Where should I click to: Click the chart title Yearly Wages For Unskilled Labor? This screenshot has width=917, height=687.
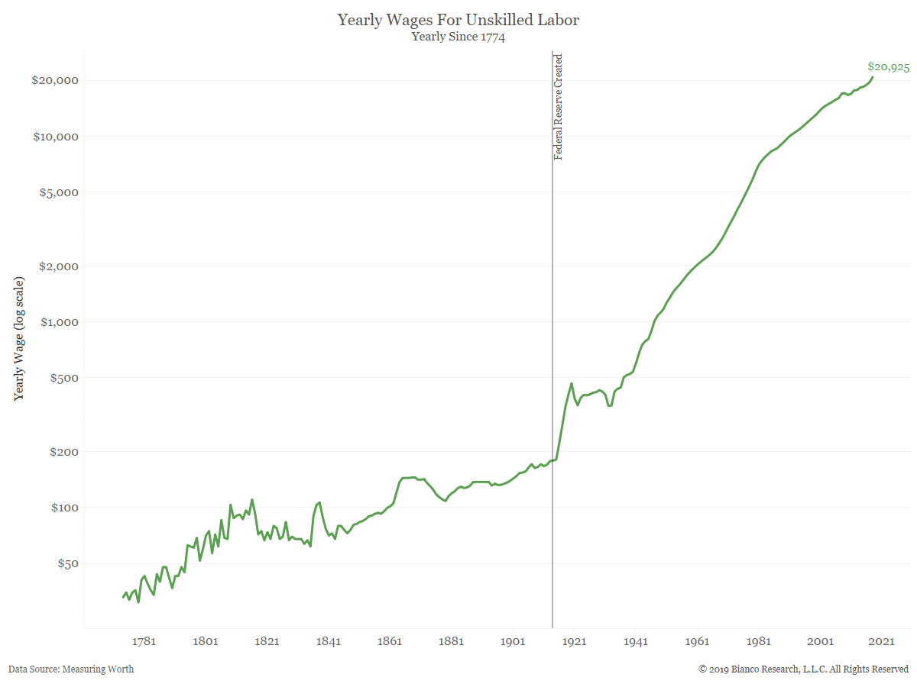pos(458,20)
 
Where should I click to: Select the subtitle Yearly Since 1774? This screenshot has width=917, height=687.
pos(458,36)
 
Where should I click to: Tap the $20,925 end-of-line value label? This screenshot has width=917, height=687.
pos(888,67)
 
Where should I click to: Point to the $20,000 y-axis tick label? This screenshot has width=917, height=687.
pos(56,81)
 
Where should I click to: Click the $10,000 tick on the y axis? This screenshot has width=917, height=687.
pos(56,137)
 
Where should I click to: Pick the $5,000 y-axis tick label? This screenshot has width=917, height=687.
pos(59,192)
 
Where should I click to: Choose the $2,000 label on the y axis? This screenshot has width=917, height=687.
pos(59,266)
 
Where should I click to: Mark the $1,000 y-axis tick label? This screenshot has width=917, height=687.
pos(59,322)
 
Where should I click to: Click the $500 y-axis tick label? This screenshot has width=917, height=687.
pos(63,378)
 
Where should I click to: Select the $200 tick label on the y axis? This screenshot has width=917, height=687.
pos(63,452)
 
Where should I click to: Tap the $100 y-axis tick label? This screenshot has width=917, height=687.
pos(63,508)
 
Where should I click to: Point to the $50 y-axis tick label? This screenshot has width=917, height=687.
pos(66,563)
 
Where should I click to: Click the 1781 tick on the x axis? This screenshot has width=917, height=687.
pos(144,641)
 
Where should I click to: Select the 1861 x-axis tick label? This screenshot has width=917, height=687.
pos(390,641)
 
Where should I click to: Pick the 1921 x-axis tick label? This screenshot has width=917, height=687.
pos(574,641)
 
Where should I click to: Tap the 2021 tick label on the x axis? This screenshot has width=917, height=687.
pos(881,641)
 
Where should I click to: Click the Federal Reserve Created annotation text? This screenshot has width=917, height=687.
pos(559,107)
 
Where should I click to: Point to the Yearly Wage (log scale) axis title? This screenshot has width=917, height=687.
pos(19,339)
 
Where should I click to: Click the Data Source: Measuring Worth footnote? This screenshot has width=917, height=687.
pos(71,669)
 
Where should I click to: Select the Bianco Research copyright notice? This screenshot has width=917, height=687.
pos(803,669)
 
